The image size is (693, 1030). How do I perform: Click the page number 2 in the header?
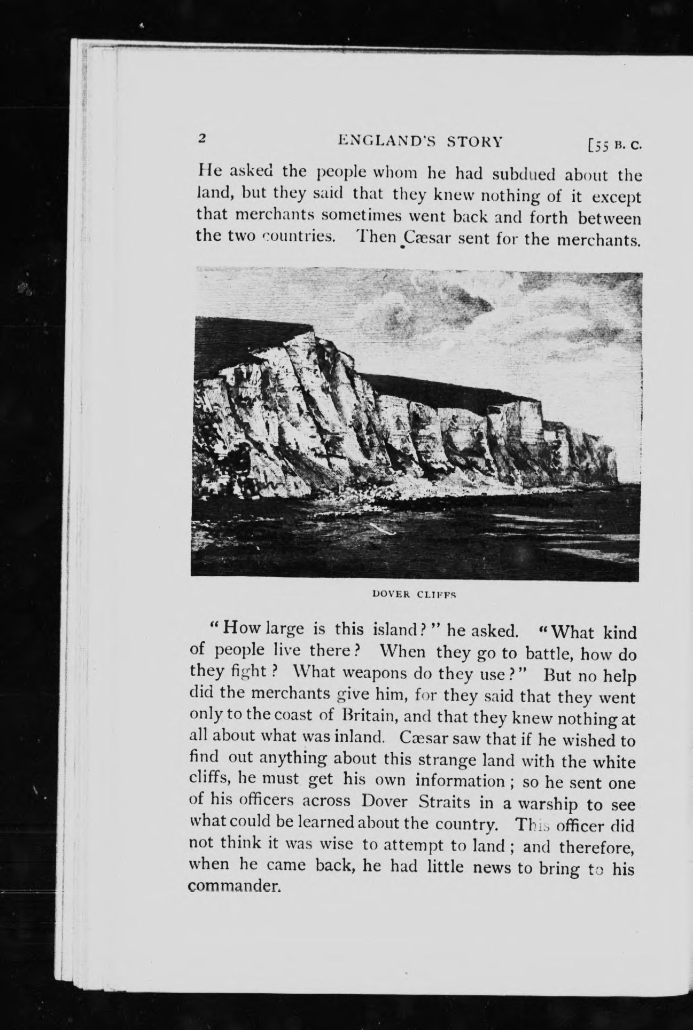click(202, 138)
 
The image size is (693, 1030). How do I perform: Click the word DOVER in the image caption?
click(391, 593)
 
